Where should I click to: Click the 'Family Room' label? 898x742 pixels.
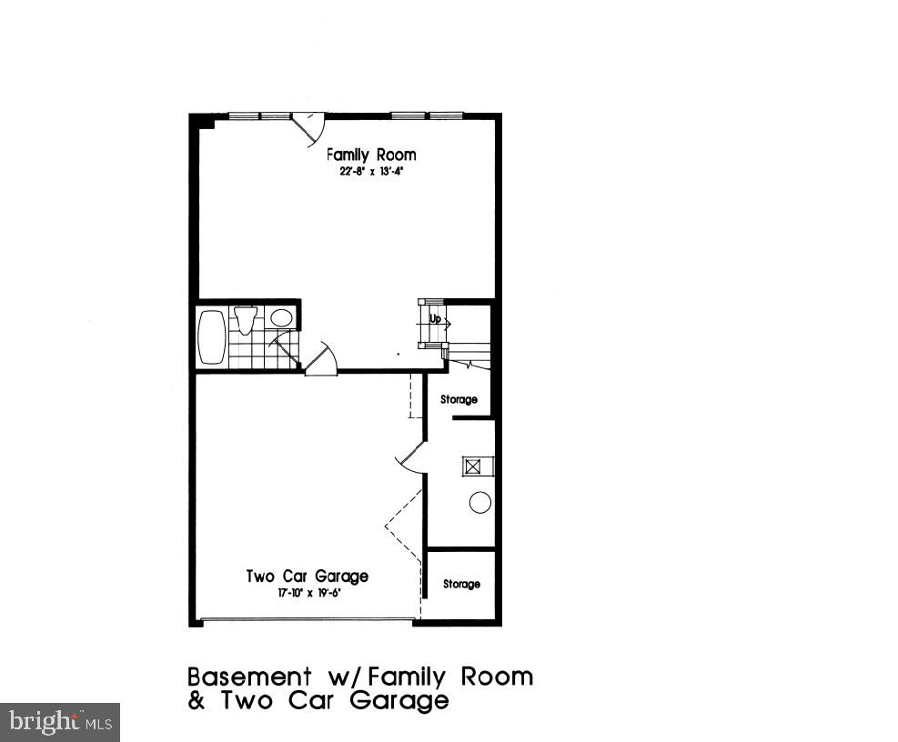pos(371,155)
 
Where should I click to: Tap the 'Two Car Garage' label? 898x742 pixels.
pos(308,577)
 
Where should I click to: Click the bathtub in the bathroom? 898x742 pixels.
pos(211,337)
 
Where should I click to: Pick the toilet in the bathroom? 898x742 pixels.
pos(245,320)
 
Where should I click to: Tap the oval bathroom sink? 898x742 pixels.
pos(281,318)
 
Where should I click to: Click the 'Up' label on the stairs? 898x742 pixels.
pos(436,319)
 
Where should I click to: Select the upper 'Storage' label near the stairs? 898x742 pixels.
pos(459,399)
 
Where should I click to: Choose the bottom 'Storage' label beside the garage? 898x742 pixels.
pos(461,584)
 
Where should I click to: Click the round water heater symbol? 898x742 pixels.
pos(479,502)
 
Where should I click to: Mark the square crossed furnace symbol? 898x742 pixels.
pos(473,466)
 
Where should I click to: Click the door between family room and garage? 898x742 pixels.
pos(320,360)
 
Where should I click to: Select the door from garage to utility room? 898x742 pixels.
pos(410,457)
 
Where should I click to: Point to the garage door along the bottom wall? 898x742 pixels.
pos(308,621)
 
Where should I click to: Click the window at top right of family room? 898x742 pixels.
pos(428,115)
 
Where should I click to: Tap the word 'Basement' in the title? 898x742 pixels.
pos(247,677)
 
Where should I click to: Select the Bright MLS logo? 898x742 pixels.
pos(60,722)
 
